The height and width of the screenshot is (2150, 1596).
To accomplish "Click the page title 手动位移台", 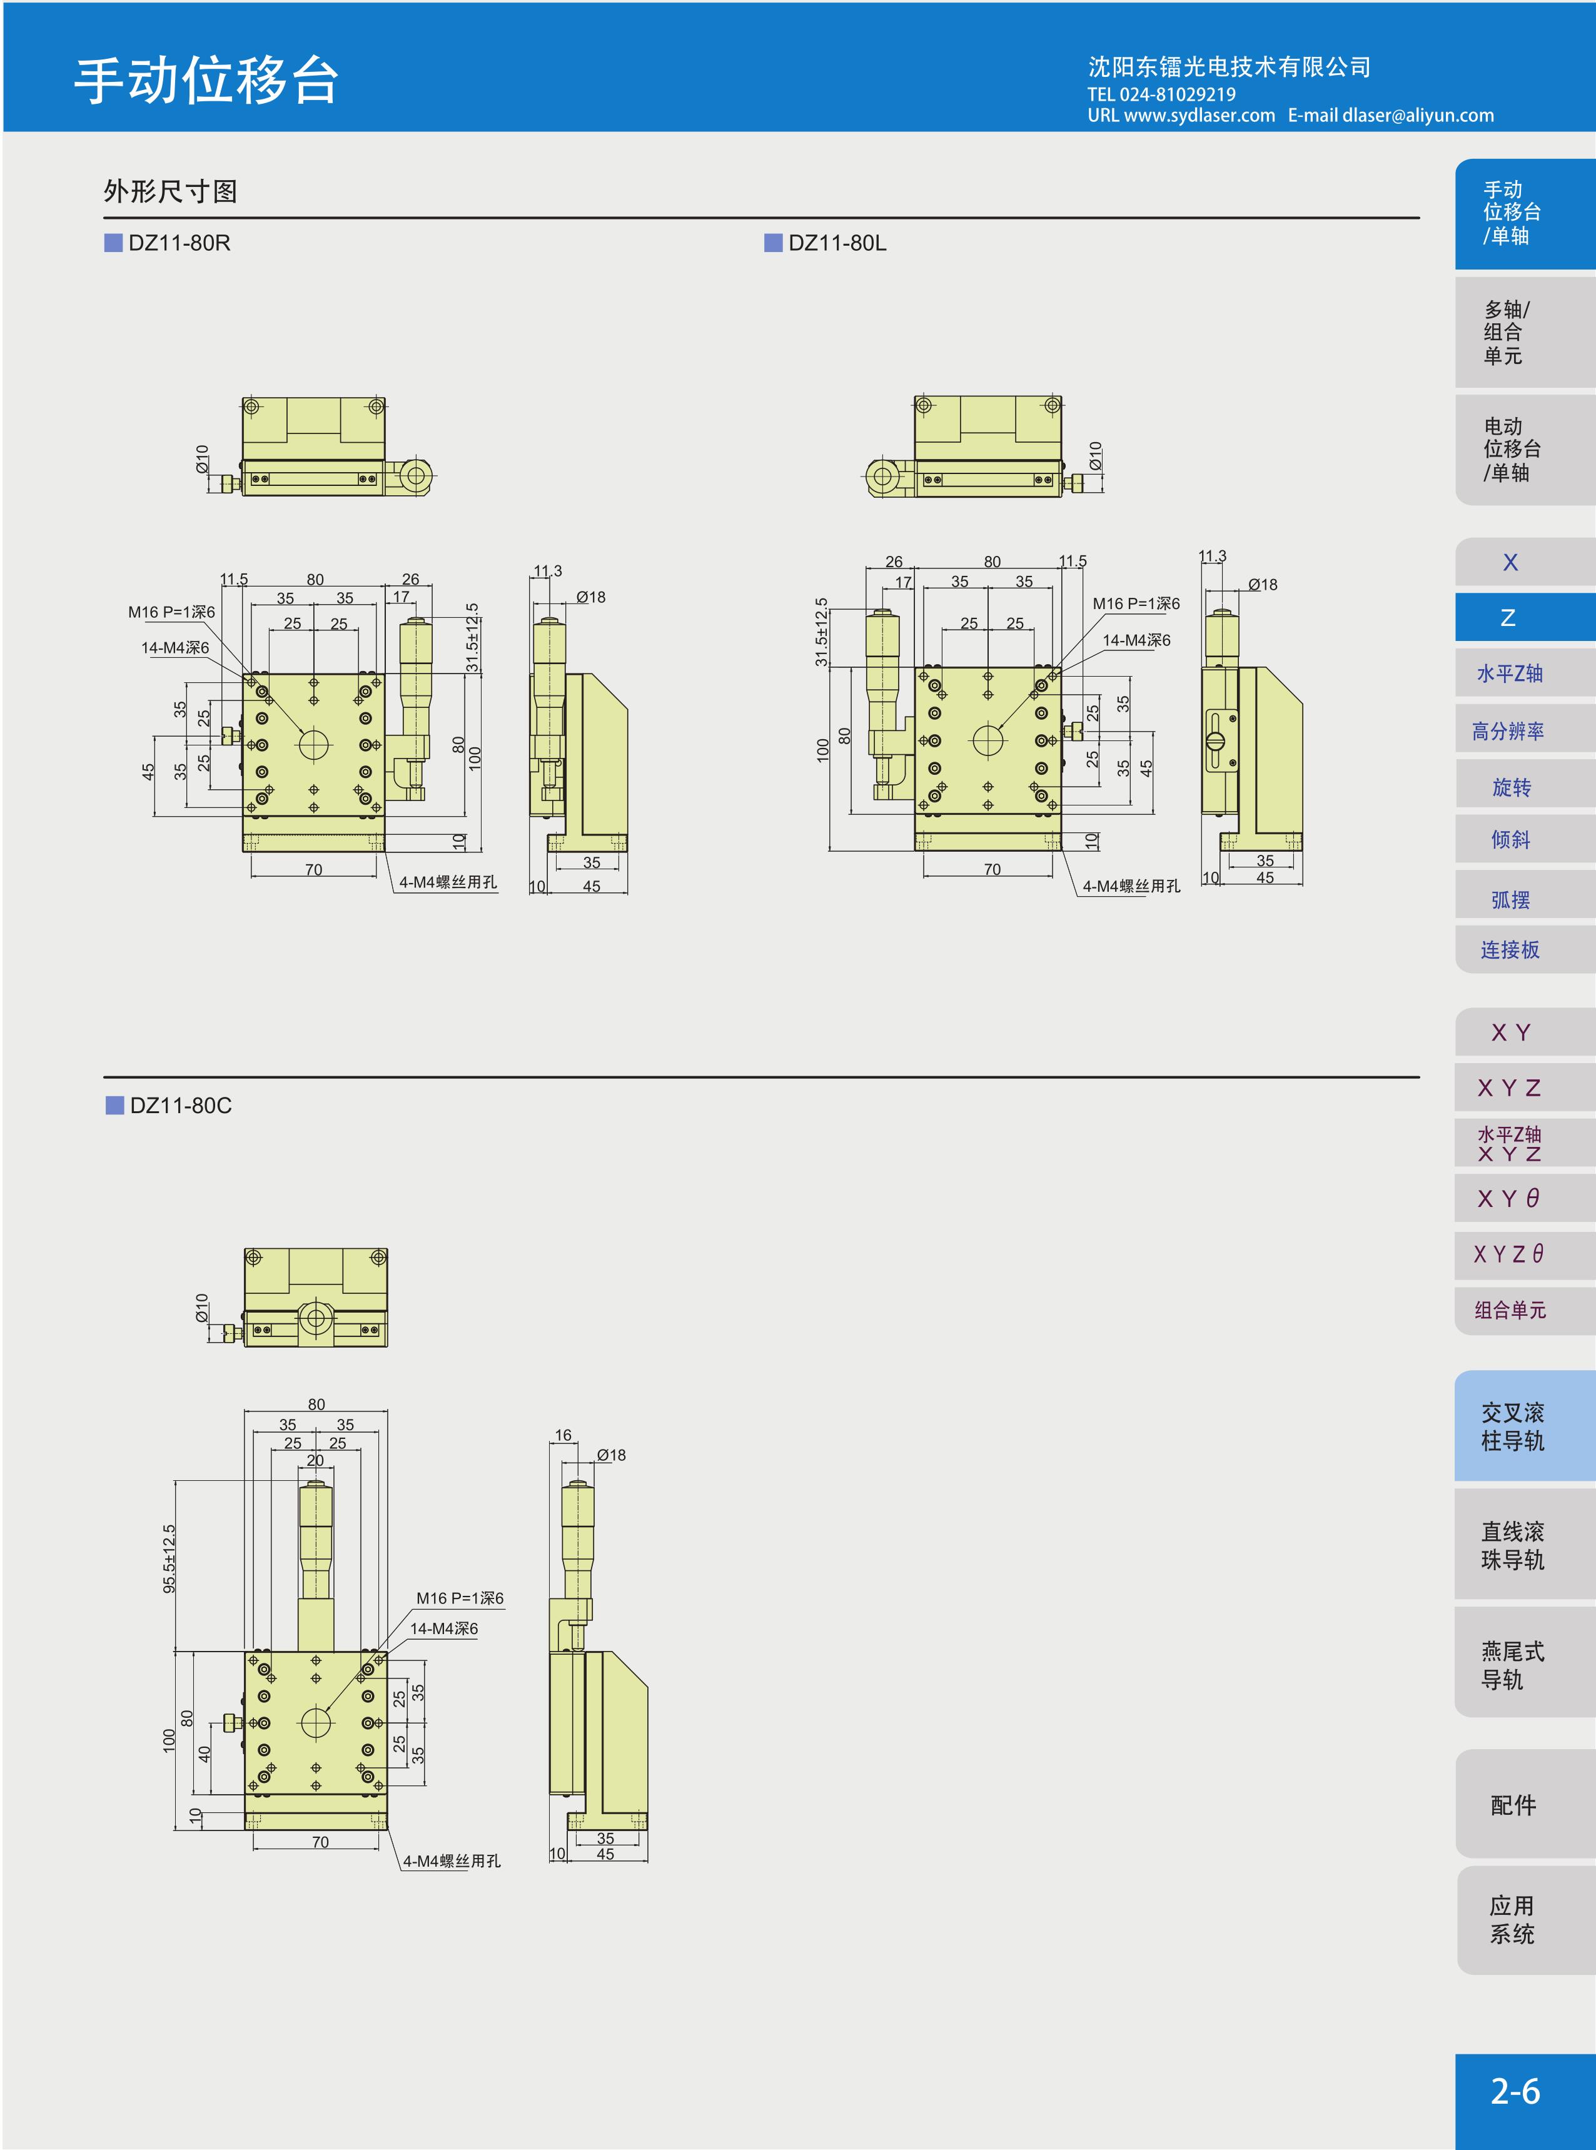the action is click(x=207, y=79).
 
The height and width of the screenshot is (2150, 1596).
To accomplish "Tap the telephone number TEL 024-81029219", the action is click(x=1161, y=94).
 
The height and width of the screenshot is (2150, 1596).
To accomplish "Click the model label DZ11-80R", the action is click(x=179, y=243).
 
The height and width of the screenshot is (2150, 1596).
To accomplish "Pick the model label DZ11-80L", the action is click(x=837, y=243).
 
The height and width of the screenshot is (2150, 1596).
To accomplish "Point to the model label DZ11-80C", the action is click(x=181, y=1105).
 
